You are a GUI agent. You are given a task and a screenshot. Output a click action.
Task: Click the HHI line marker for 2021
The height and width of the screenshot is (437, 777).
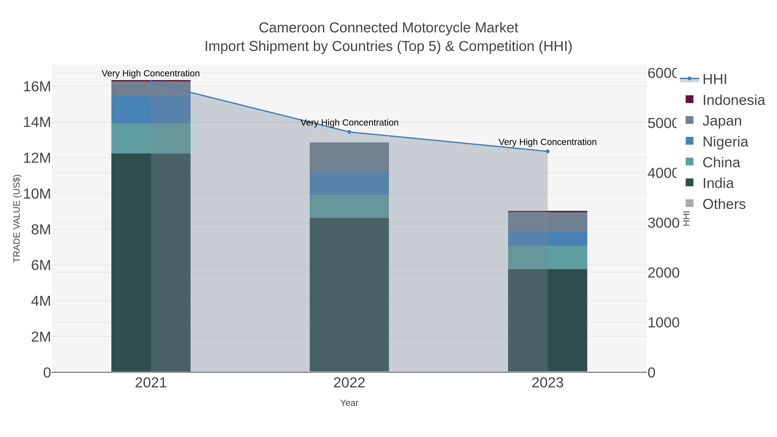(151, 82)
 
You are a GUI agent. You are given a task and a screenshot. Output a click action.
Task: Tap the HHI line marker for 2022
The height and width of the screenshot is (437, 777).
(349, 132)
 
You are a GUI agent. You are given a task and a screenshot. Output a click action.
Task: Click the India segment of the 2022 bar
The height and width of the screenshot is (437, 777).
(349, 294)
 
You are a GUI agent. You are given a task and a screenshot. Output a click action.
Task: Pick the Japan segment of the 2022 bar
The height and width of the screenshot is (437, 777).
(349, 158)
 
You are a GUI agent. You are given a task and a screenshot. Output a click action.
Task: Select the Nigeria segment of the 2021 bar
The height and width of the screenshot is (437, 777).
(151, 109)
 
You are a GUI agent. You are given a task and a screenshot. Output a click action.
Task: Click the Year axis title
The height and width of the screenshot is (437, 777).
(349, 403)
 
